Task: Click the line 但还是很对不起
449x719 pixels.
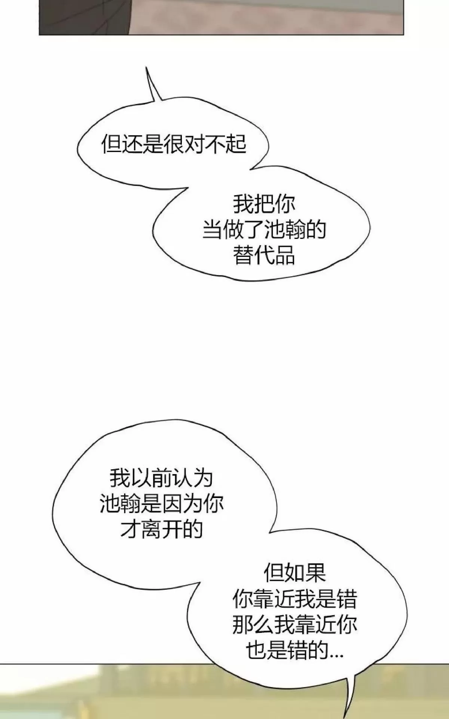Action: point(174,144)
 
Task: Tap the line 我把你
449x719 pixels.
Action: point(264,203)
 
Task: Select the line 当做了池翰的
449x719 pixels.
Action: point(264,230)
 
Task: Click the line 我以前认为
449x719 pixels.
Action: point(161,478)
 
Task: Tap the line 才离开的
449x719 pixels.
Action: point(161,529)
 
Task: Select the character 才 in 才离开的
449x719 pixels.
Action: point(130,529)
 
